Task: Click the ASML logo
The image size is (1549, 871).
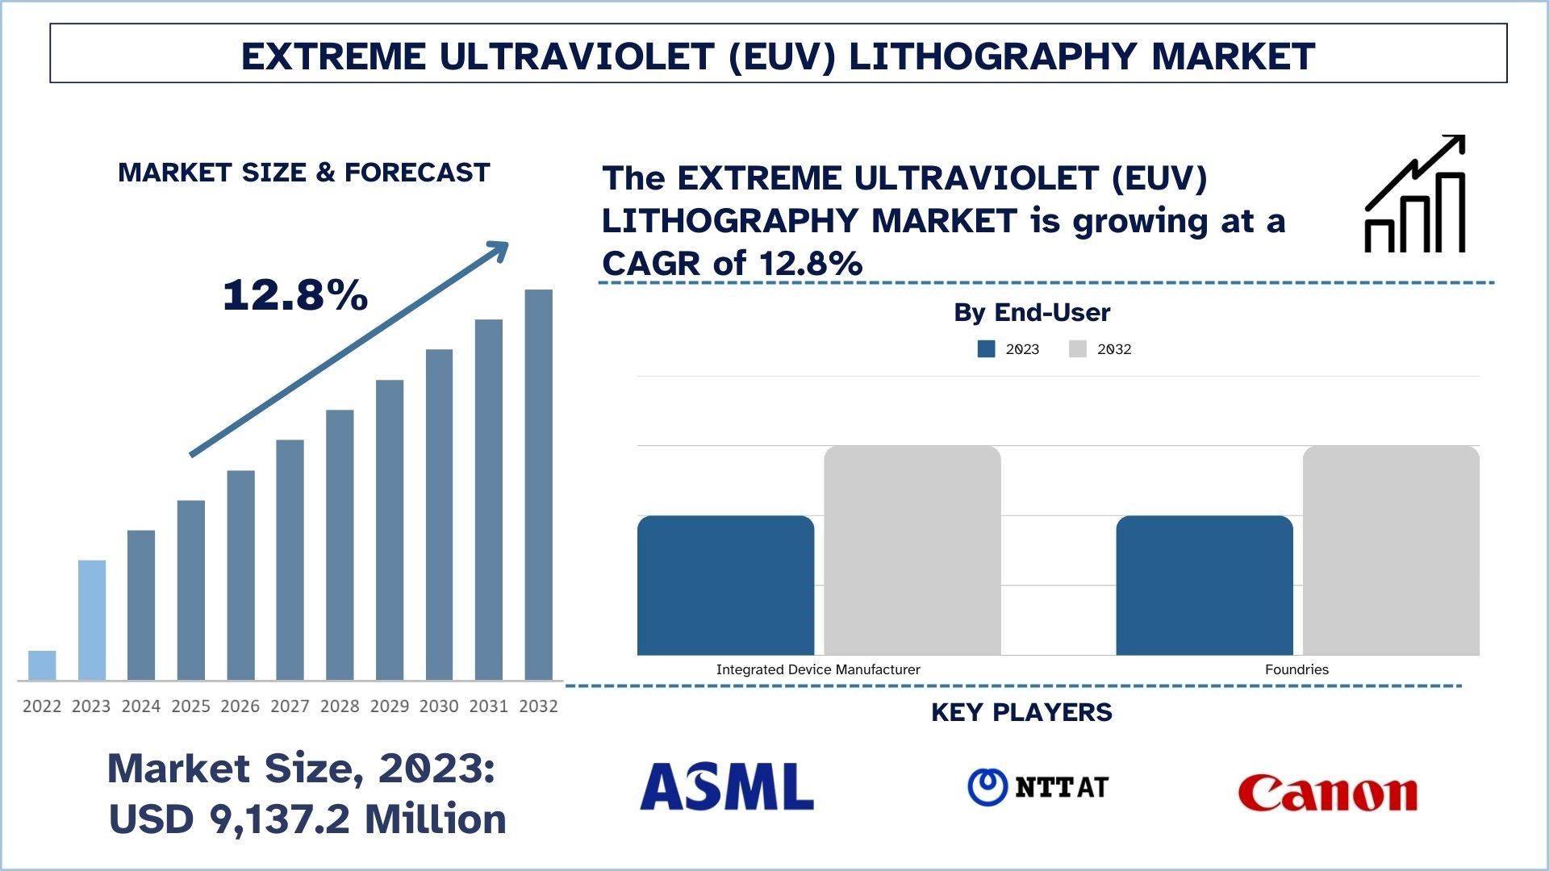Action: point(726,787)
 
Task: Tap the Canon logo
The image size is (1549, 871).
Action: point(1328,793)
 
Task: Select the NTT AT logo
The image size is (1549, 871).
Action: point(1038,787)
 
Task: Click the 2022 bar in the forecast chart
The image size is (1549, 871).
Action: point(42,665)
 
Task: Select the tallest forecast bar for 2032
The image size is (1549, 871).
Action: point(538,484)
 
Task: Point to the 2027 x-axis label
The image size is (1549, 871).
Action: point(290,706)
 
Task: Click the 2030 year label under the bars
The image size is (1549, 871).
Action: point(439,706)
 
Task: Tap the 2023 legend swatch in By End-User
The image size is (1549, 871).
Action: point(986,349)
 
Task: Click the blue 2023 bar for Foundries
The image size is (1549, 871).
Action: point(1204,586)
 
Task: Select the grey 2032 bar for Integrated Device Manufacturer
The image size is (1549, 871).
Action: point(912,550)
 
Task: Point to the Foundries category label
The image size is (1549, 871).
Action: point(1296,669)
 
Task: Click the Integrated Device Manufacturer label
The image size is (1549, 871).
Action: point(818,669)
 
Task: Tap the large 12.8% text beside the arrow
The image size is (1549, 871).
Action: point(295,294)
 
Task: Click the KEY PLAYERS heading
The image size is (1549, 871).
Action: point(1021,712)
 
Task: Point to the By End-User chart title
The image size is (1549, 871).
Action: point(1032,313)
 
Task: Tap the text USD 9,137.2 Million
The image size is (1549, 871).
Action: point(307,819)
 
